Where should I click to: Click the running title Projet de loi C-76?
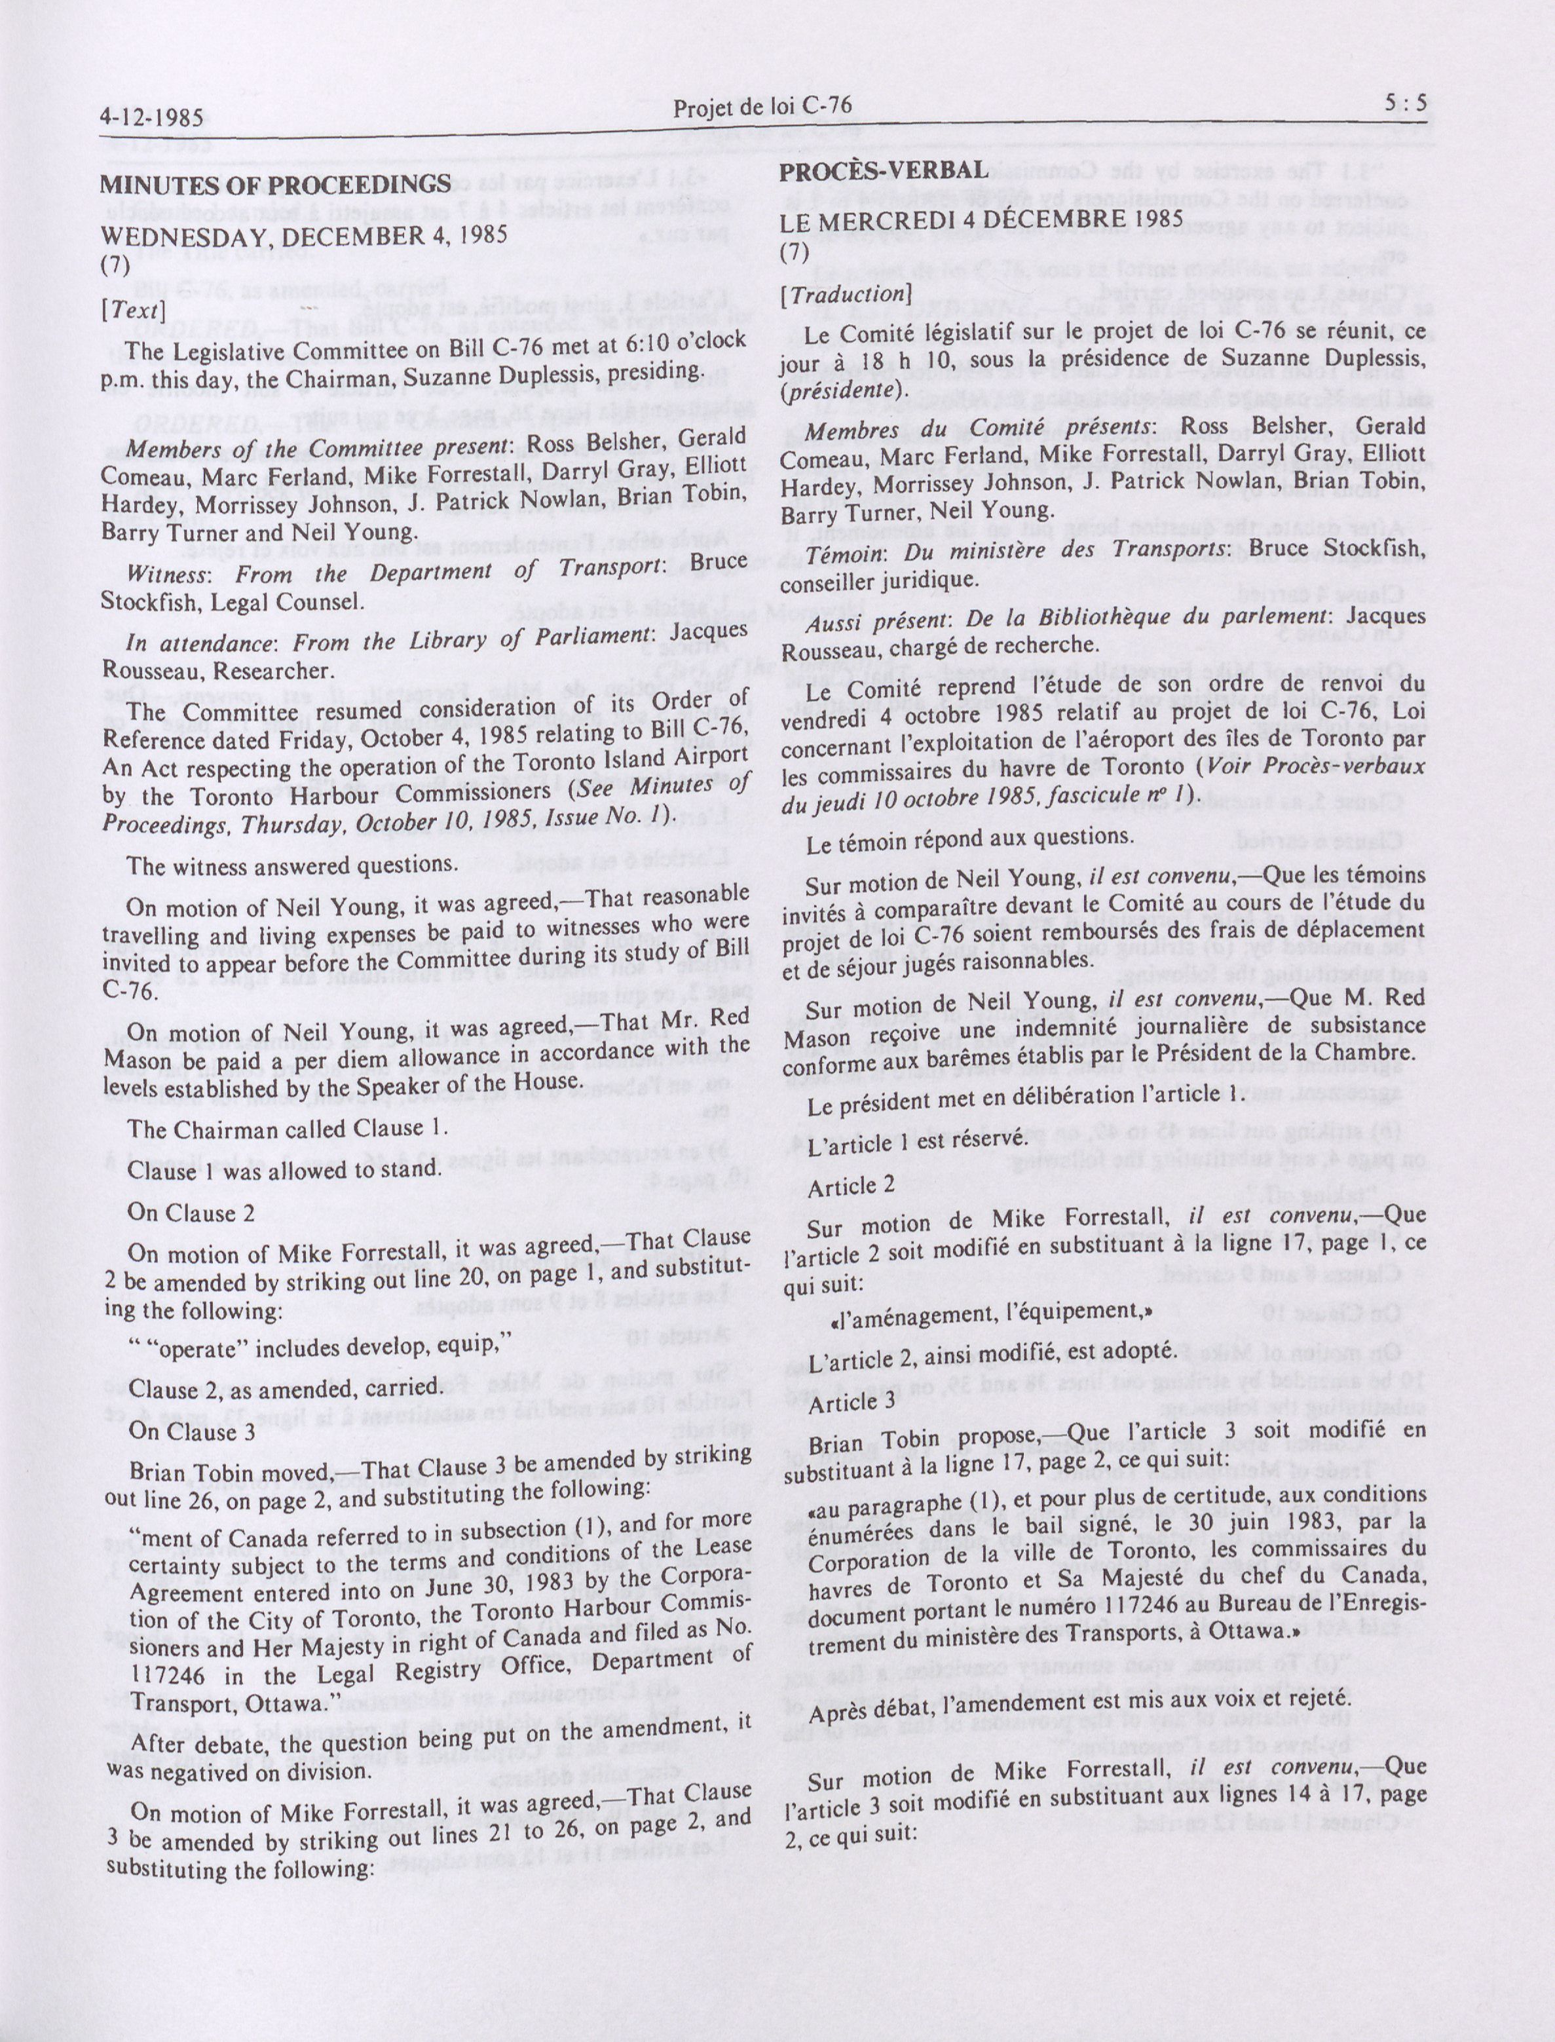click(x=762, y=108)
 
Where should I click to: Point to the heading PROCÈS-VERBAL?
click(x=883, y=171)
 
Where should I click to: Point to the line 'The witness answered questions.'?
click(x=293, y=865)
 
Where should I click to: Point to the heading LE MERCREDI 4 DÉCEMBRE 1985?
click(x=981, y=219)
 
